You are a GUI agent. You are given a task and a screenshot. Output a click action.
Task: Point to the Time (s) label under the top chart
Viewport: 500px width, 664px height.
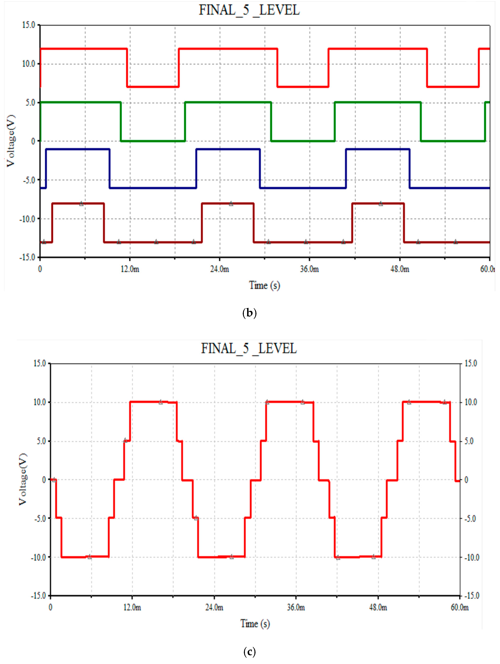coord(264,285)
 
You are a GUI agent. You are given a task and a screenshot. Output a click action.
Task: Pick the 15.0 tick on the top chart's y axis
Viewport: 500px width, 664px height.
coord(29,25)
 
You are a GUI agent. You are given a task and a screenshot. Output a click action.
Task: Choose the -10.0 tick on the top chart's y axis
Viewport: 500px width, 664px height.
coord(27,219)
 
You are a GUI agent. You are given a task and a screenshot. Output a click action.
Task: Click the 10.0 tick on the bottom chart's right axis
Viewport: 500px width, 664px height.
coord(470,402)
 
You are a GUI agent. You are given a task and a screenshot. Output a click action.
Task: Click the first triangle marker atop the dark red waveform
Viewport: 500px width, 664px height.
coord(81,204)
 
